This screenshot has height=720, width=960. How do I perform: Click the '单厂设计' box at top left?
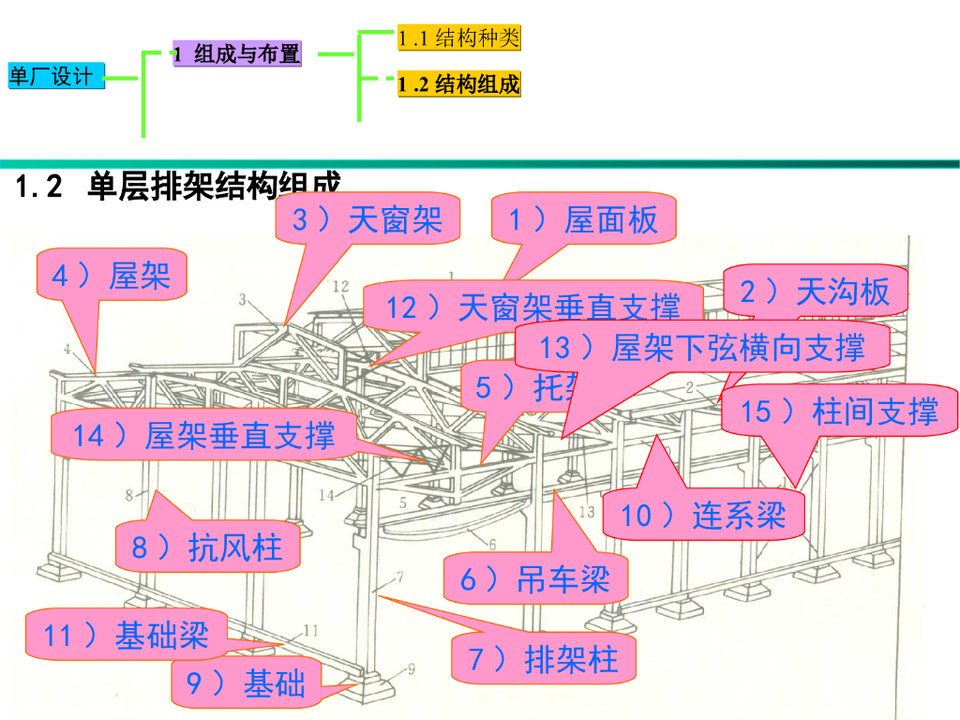coord(54,77)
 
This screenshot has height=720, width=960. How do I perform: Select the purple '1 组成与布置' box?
coord(236,54)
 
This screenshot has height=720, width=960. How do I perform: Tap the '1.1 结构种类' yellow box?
coord(457,38)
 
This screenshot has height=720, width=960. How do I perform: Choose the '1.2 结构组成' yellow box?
coord(457,84)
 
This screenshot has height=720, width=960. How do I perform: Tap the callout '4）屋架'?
coord(110,277)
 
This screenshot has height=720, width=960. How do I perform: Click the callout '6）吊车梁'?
coord(534,579)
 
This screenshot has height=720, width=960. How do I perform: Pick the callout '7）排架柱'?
coord(543,659)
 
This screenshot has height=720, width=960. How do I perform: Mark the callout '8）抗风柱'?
coord(207,547)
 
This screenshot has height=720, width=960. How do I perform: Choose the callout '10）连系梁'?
coord(702,516)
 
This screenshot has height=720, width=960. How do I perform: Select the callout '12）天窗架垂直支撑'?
coord(532,307)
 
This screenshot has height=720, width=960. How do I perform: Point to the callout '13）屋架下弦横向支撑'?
coord(701,348)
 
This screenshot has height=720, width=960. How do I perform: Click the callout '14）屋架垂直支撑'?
coord(202,435)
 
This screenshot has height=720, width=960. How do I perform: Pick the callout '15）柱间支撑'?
coord(838,411)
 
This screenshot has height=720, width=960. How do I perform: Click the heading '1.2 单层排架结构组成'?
coord(178,186)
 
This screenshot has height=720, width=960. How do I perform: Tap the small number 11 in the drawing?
coord(310,630)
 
